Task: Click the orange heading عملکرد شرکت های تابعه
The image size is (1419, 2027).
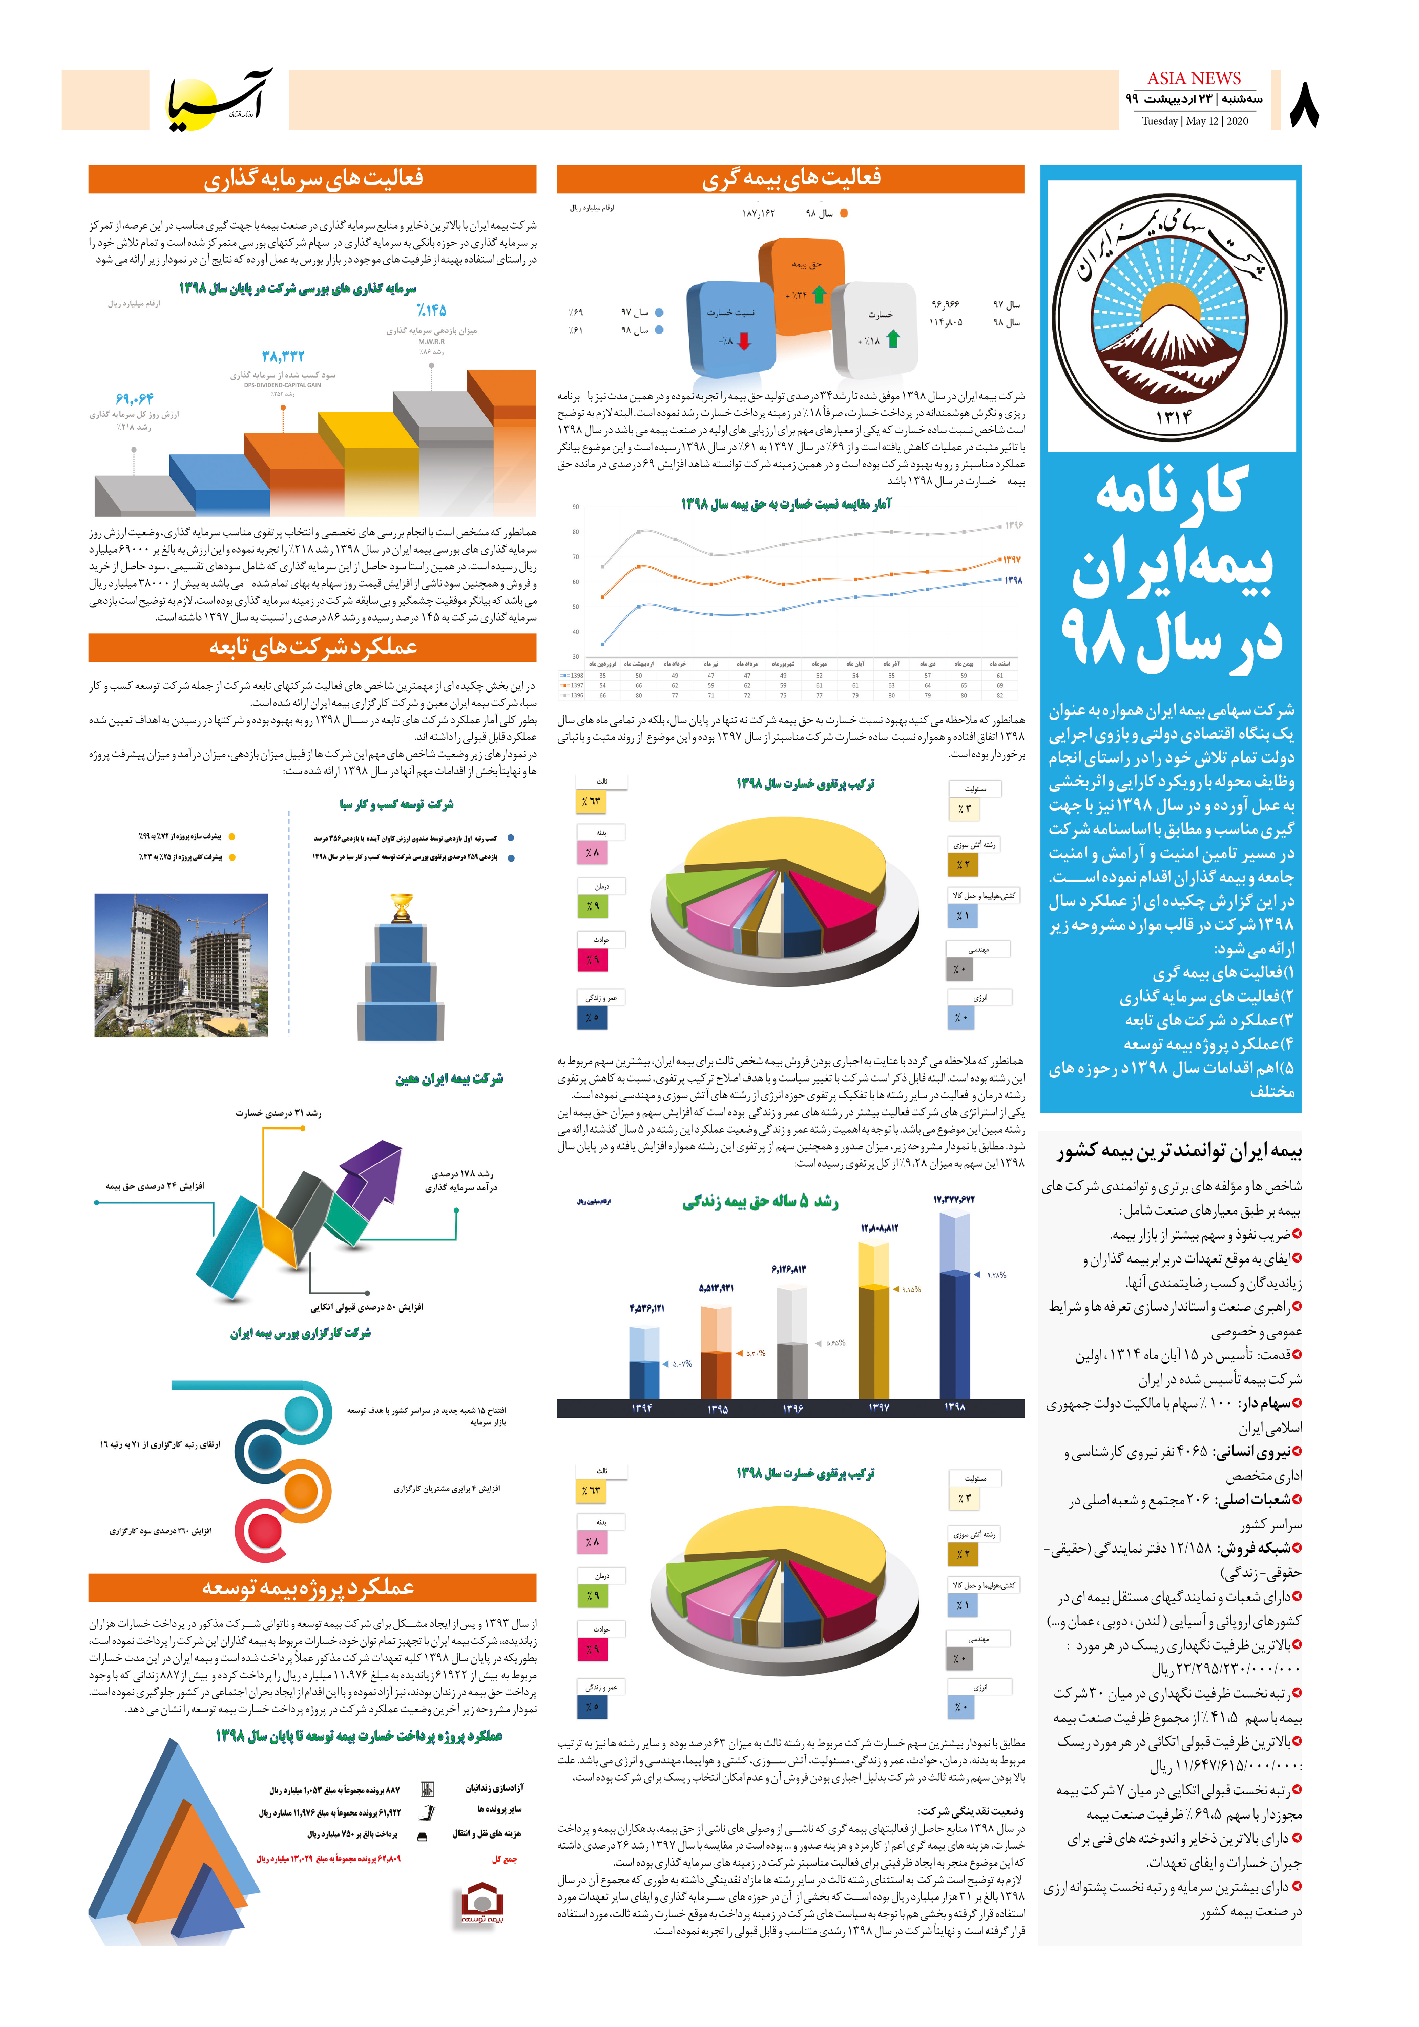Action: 313,647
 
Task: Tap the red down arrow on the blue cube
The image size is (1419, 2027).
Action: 743,341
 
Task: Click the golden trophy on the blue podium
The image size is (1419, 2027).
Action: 401,907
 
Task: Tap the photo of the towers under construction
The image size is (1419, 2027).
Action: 181,965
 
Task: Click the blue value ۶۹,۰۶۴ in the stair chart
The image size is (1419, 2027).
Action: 134,398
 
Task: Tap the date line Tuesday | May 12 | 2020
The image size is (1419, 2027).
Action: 1194,121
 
